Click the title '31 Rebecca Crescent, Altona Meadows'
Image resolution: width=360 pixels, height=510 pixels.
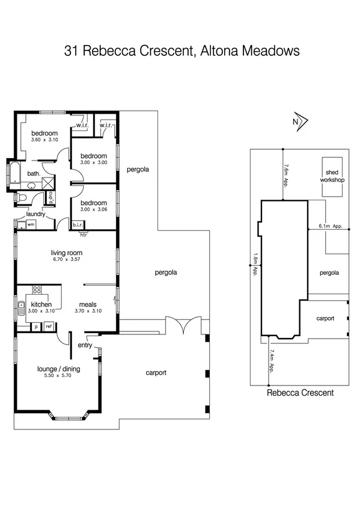pos(182,51)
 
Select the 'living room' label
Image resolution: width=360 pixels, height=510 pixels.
pos(66,253)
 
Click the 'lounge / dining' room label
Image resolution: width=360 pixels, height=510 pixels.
pos(57,369)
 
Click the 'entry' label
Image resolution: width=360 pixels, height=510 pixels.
pos(85,345)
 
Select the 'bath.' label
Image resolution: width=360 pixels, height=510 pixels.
pos(33,174)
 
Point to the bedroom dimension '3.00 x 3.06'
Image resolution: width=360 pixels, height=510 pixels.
pos(93,209)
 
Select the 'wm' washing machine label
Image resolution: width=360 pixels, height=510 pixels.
pos(31,224)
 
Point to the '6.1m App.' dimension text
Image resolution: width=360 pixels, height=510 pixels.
pos(330,227)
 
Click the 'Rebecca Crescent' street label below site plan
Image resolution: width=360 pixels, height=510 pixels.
pos(300,393)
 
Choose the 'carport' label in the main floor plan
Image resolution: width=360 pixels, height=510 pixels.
pos(156,373)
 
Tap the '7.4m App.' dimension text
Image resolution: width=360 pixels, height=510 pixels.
pos(272,360)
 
